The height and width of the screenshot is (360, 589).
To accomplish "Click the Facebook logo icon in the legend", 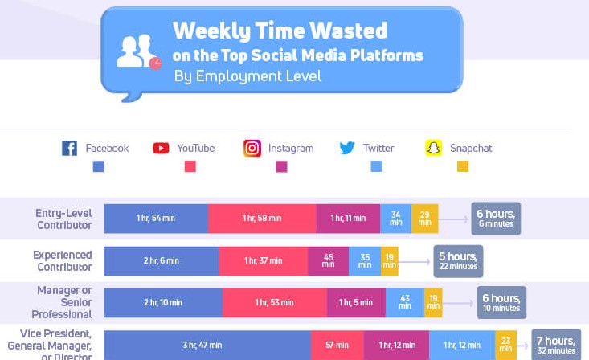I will click(70, 149).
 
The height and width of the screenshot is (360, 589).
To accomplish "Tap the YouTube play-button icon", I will click(161, 149).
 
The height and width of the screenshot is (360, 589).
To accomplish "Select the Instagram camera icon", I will click(252, 149).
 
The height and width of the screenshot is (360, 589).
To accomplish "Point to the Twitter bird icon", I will click(347, 149).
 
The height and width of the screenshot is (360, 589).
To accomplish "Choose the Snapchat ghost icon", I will click(434, 149).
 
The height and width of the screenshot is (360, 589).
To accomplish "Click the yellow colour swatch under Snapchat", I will click(462, 167).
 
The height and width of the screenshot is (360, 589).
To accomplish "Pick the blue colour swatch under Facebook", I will click(99, 167).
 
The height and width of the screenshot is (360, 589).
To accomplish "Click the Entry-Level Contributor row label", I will click(63, 219).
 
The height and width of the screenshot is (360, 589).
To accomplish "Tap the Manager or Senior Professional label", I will click(63, 302).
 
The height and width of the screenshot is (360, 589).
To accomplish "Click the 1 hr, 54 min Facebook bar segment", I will click(156, 219).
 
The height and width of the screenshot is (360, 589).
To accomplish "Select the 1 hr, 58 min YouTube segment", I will click(262, 219).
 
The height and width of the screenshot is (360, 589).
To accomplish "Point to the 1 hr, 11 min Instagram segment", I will click(348, 219).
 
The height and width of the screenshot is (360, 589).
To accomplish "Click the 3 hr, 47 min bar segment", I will click(207, 345).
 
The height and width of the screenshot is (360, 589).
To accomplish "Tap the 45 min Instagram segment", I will click(328, 261).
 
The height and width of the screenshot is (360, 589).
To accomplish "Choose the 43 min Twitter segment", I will click(405, 302).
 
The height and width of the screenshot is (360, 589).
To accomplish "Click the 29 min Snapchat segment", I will click(424, 219).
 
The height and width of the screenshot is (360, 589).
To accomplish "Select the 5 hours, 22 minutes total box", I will click(458, 261).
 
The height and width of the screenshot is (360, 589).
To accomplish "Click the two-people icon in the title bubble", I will click(136, 52).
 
